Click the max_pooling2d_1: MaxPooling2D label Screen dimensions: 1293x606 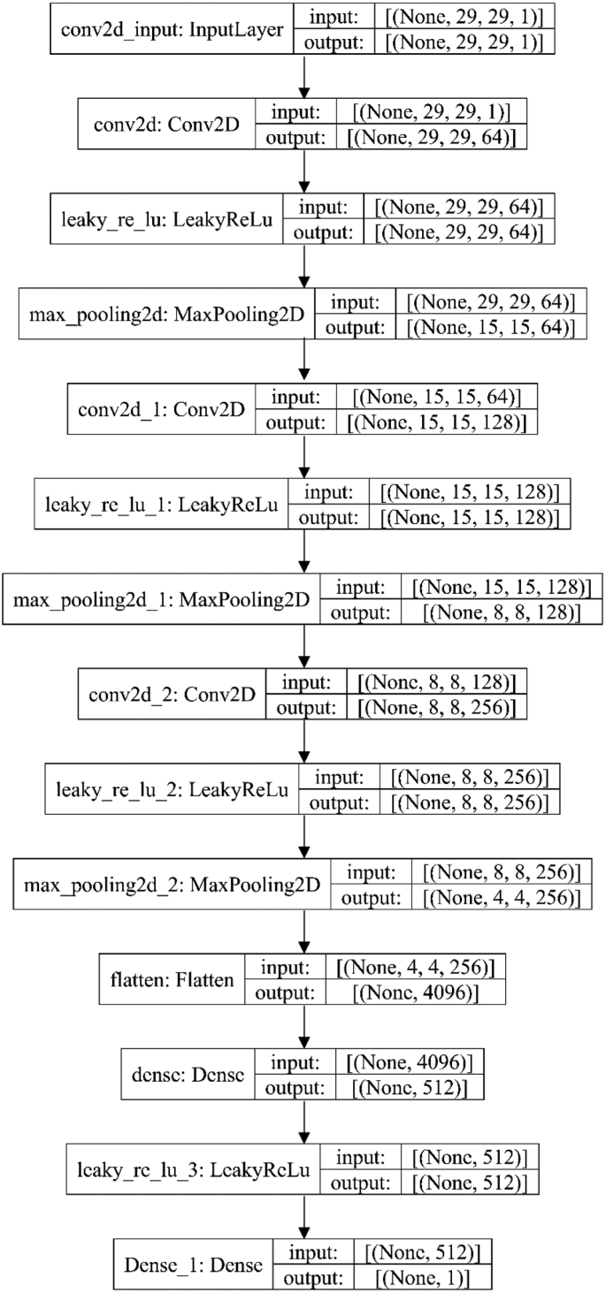(162, 599)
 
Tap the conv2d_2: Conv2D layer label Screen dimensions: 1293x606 (165, 694)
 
